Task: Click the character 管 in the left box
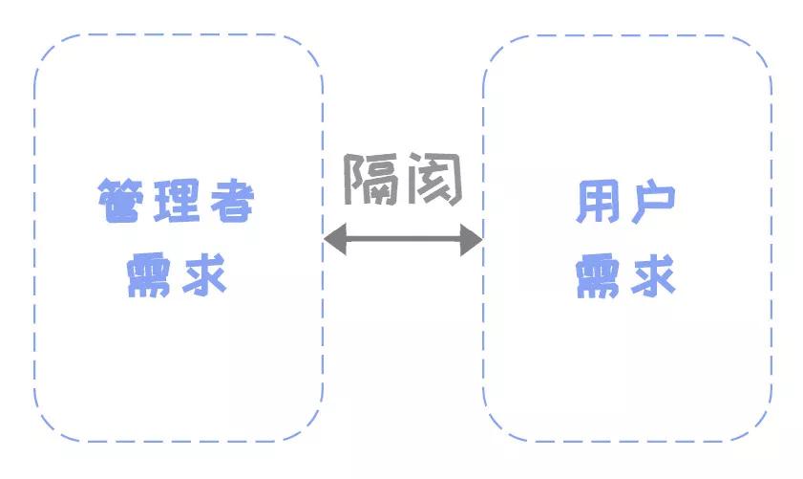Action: (120, 201)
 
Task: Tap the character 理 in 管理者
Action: (176, 201)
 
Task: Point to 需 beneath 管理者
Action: (148, 275)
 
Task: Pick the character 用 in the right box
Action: (598, 202)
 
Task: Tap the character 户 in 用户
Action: (653, 202)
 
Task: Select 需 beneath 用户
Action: (598, 275)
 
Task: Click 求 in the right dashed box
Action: (653, 275)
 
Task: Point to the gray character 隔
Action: (371, 179)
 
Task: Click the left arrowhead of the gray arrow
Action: (335, 239)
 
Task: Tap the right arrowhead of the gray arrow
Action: (471, 239)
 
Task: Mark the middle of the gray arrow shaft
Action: (404, 239)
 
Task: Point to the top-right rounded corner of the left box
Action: (308, 49)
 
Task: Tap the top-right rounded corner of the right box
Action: (757, 51)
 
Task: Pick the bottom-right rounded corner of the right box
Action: (757, 426)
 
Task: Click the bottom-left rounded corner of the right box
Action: (497, 426)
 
